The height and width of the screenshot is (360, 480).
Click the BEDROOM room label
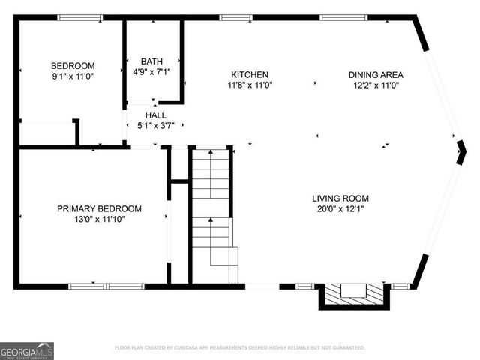(x=73, y=65)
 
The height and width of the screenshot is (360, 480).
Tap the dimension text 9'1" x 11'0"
(x=73, y=76)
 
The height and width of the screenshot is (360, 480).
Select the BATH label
(x=151, y=61)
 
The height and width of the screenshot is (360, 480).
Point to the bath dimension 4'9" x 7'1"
(x=151, y=72)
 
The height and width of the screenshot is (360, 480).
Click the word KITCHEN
(x=250, y=74)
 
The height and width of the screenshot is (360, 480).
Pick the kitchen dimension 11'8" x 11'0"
(x=250, y=85)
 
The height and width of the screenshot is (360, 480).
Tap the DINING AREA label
(x=376, y=74)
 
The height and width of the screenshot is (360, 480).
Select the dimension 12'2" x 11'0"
(x=376, y=85)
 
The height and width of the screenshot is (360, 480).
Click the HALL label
(x=156, y=115)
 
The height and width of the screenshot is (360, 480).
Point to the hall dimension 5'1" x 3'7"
(x=156, y=126)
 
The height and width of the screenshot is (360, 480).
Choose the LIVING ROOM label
(x=340, y=199)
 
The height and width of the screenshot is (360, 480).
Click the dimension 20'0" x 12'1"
(x=340, y=209)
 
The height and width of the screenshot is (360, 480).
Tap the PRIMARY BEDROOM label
(x=99, y=208)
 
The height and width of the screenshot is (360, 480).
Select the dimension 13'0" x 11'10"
(x=99, y=219)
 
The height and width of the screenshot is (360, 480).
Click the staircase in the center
(x=211, y=214)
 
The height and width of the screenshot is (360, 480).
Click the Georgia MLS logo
(x=27, y=350)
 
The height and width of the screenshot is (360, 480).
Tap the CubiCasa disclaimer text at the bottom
(x=240, y=347)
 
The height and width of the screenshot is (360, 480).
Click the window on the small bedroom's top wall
(x=80, y=17)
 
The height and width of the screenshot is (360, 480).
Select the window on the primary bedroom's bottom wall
(x=106, y=286)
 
